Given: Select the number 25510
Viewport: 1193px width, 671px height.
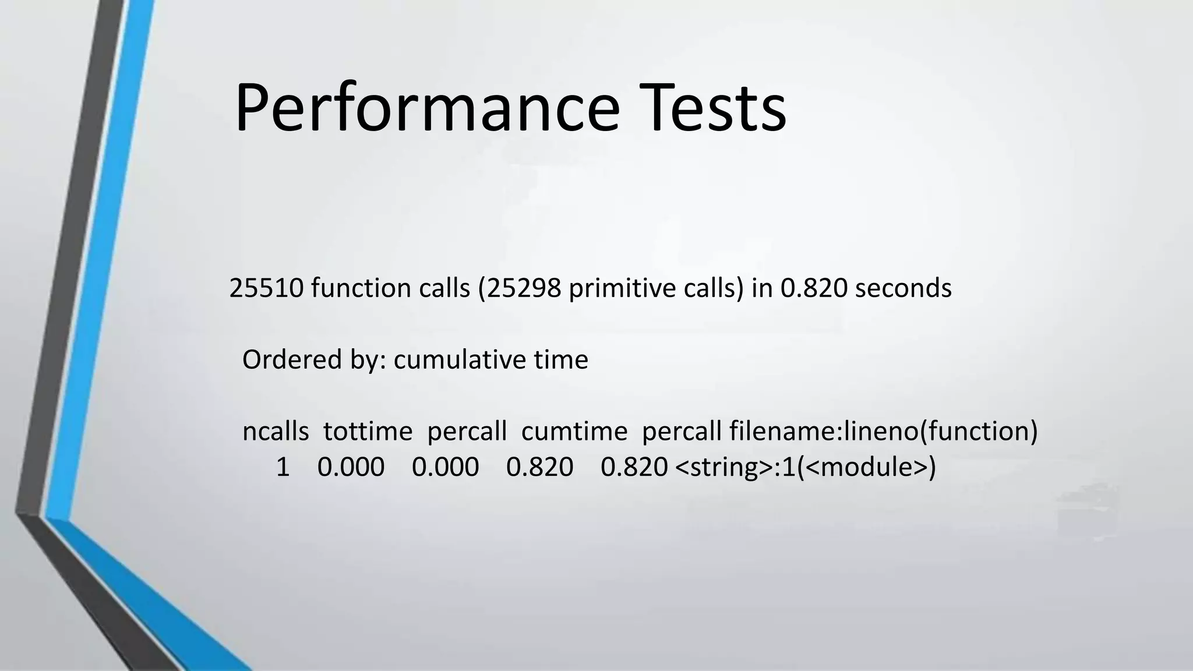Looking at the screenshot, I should pyautogui.click(x=266, y=288).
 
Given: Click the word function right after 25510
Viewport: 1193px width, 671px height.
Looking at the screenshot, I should pyautogui.click(x=361, y=288).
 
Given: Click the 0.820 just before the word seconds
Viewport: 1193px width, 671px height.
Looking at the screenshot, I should pyautogui.click(x=814, y=288).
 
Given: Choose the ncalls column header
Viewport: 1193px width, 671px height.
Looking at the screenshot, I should pyautogui.click(x=276, y=432).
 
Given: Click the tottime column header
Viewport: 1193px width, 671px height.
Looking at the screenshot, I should pyautogui.click(x=368, y=432).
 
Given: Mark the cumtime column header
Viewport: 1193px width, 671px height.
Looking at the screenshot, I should pyautogui.click(x=574, y=432).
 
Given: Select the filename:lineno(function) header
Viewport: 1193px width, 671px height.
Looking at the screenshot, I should pyautogui.click(x=883, y=432).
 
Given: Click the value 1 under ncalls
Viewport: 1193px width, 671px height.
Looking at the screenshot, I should pyautogui.click(x=283, y=467).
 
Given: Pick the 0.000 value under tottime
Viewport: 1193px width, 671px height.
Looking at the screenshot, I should pyautogui.click(x=351, y=467).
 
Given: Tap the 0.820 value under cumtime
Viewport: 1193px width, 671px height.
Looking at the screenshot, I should pyautogui.click(x=539, y=467).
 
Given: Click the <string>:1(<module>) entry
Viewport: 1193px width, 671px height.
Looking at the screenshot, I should pyautogui.click(x=805, y=467).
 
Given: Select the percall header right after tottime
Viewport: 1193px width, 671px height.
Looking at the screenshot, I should pyautogui.click(x=467, y=432).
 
